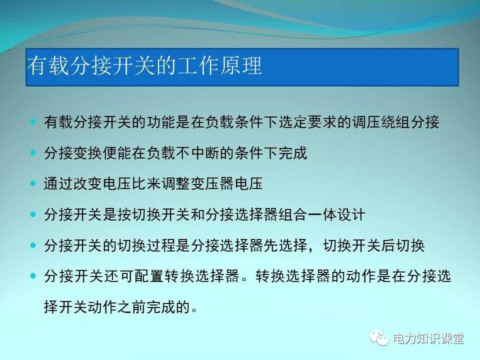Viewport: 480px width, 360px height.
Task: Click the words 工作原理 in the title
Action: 223,66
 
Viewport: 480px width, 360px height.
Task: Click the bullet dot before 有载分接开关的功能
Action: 33,121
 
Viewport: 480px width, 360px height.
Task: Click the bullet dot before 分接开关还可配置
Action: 33,275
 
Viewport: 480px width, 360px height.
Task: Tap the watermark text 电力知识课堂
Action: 428,338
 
